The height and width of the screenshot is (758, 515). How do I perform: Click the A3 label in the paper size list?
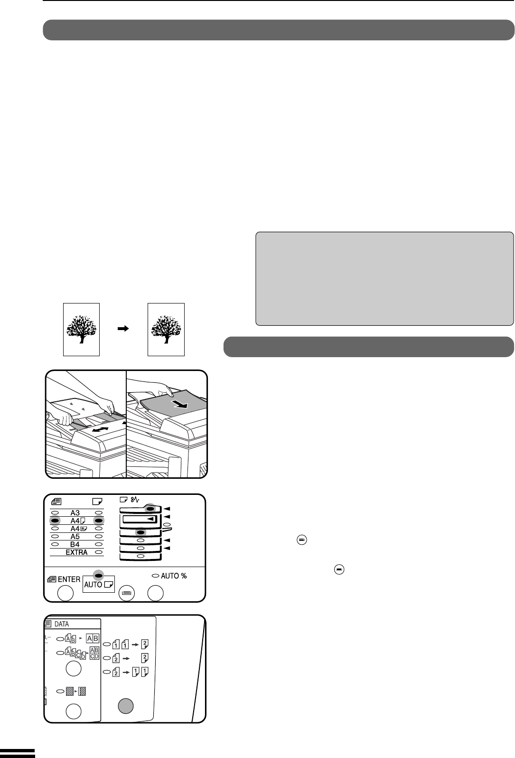pyautogui.click(x=75, y=512)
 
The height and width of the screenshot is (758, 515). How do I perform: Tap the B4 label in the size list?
pyautogui.click(x=75, y=544)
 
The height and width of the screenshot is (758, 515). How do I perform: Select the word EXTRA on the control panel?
pyautogui.click(x=76, y=552)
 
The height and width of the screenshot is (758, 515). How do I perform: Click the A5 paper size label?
pyautogui.click(x=75, y=536)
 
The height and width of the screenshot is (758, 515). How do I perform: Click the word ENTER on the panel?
pyautogui.click(x=69, y=579)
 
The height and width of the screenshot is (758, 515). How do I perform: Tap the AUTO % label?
pyautogui.click(x=174, y=576)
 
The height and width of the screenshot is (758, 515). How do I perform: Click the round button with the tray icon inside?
pyautogui.click(x=127, y=593)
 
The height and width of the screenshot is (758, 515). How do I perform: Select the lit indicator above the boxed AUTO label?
pyautogui.click(x=98, y=575)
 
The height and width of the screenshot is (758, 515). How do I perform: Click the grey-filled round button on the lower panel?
pyautogui.click(x=125, y=706)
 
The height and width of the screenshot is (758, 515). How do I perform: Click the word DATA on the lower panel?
pyautogui.click(x=62, y=624)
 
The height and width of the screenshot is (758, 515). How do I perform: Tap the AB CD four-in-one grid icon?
pyautogui.click(x=94, y=653)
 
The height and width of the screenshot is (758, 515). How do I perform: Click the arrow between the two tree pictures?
pyautogui.click(x=123, y=328)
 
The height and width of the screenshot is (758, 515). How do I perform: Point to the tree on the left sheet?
pyautogui.click(x=81, y=329)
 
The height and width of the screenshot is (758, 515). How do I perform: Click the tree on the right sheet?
pyautogui.click(x=166, y=329)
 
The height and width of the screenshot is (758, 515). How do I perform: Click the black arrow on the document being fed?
pyautogui.click(x=179, y=404)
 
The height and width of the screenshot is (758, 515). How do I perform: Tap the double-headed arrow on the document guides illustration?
pyautogui.click(x=100, y=429)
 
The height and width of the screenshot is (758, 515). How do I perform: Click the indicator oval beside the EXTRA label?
pyautogui.click(x=98, y=552)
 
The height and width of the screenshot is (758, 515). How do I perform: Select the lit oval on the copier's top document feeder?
pyautogui.click(x=150, y=509)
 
